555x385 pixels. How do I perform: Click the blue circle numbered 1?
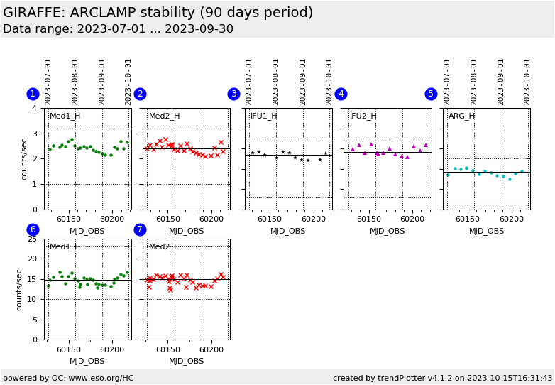pos(33,94)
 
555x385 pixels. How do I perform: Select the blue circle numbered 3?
pos(233,94)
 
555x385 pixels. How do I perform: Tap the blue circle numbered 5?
pos(431,94)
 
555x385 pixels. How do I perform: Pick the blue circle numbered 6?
pos(33,229)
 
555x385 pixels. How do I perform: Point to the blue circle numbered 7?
pos(140,229)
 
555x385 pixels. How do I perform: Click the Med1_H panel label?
pos(65,116)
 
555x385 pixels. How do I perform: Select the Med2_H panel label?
pos(164,116)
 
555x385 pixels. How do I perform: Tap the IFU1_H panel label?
pos(263,116)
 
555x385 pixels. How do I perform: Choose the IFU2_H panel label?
pos(363,116)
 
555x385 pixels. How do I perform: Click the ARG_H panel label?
pos(461,116)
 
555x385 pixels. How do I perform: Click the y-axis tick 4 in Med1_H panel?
pos(34,108)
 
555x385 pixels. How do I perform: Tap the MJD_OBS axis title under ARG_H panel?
pos(486,231)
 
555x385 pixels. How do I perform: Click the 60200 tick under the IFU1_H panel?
pos(312,219)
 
